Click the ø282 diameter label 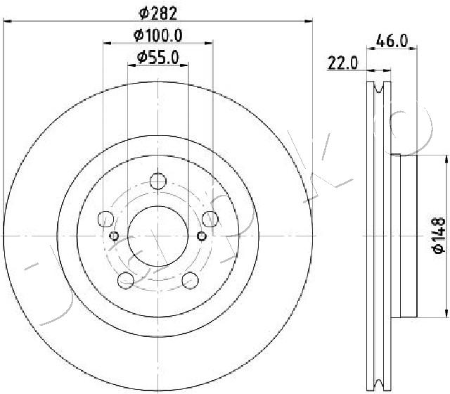(157, 13)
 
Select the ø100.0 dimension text (157, 36)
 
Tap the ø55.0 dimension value (157, 58)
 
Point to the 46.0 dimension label (392, 41)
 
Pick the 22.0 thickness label (342, 63)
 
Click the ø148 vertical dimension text (439, 236)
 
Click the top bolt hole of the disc (158, 182)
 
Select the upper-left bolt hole (106, 219)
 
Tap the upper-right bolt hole (210, 219)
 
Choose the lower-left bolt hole (126, 280)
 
